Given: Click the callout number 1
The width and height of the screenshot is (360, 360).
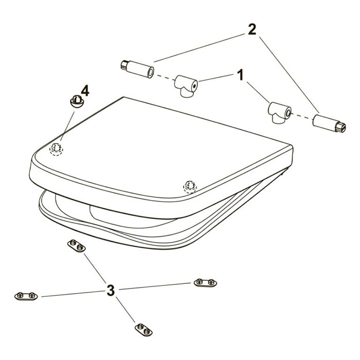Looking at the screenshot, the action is tap(241, 75).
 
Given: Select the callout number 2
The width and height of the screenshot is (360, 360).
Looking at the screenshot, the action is tap(252, 30).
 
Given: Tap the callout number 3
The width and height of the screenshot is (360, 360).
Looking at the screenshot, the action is tap(111, 290).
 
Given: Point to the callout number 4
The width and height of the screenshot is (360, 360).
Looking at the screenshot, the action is tap(85, 91).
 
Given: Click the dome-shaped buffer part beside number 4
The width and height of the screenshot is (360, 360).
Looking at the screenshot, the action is tap(77, 101).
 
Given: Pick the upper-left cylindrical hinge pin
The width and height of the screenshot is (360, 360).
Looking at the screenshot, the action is tap(137, 69).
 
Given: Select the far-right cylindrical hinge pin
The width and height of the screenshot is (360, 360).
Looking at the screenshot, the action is tap(329, 123).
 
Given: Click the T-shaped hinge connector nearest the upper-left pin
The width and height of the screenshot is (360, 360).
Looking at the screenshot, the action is tap(186, 86).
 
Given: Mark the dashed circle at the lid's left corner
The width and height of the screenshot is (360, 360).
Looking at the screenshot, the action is tap(56, 149).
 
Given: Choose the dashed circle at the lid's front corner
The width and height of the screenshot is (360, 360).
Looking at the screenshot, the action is tap(190, 187).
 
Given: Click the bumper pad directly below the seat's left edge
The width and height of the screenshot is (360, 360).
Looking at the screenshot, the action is tap(77, 246).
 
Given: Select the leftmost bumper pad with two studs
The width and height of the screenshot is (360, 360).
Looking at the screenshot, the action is tap(26, 296).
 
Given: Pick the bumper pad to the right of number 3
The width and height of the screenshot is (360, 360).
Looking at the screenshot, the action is tap(206, 283).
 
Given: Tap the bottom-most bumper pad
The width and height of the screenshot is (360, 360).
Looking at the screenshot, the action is tap(143, 330).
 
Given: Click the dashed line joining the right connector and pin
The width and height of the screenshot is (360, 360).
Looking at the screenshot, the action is tap(302, 116).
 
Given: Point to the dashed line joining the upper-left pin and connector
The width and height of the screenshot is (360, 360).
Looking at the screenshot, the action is tap(165, 77).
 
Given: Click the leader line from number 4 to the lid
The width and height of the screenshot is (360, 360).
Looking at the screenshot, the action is tap(67, 125).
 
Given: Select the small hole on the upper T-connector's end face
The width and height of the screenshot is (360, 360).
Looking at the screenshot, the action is tap(195, 86).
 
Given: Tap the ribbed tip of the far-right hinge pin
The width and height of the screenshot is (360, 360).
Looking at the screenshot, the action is tap(340, 128).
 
